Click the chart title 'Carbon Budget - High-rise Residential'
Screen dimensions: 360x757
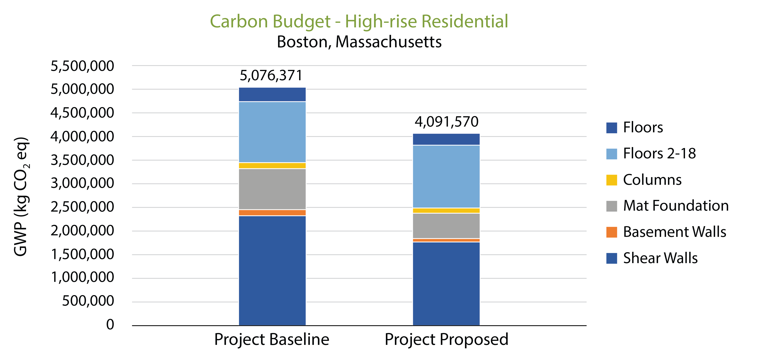[359, 21]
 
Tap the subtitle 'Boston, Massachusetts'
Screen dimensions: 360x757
[359, 42]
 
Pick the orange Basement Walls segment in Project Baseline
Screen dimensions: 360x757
[272, 213]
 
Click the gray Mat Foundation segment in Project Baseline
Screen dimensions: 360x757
[272, 189]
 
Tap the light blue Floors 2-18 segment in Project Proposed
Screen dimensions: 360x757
[446, 176]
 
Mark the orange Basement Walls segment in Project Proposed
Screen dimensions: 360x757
[446, 240]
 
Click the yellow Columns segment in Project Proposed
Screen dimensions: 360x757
[446, 210]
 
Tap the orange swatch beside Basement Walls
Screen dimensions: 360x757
[611, 232]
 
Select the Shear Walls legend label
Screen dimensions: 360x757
[660, 258]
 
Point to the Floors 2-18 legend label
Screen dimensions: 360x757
[659, 153]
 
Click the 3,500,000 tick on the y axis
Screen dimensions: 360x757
[82, 160]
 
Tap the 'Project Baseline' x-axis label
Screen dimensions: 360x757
[272, 340]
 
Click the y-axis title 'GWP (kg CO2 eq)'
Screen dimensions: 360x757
[21, 196]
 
